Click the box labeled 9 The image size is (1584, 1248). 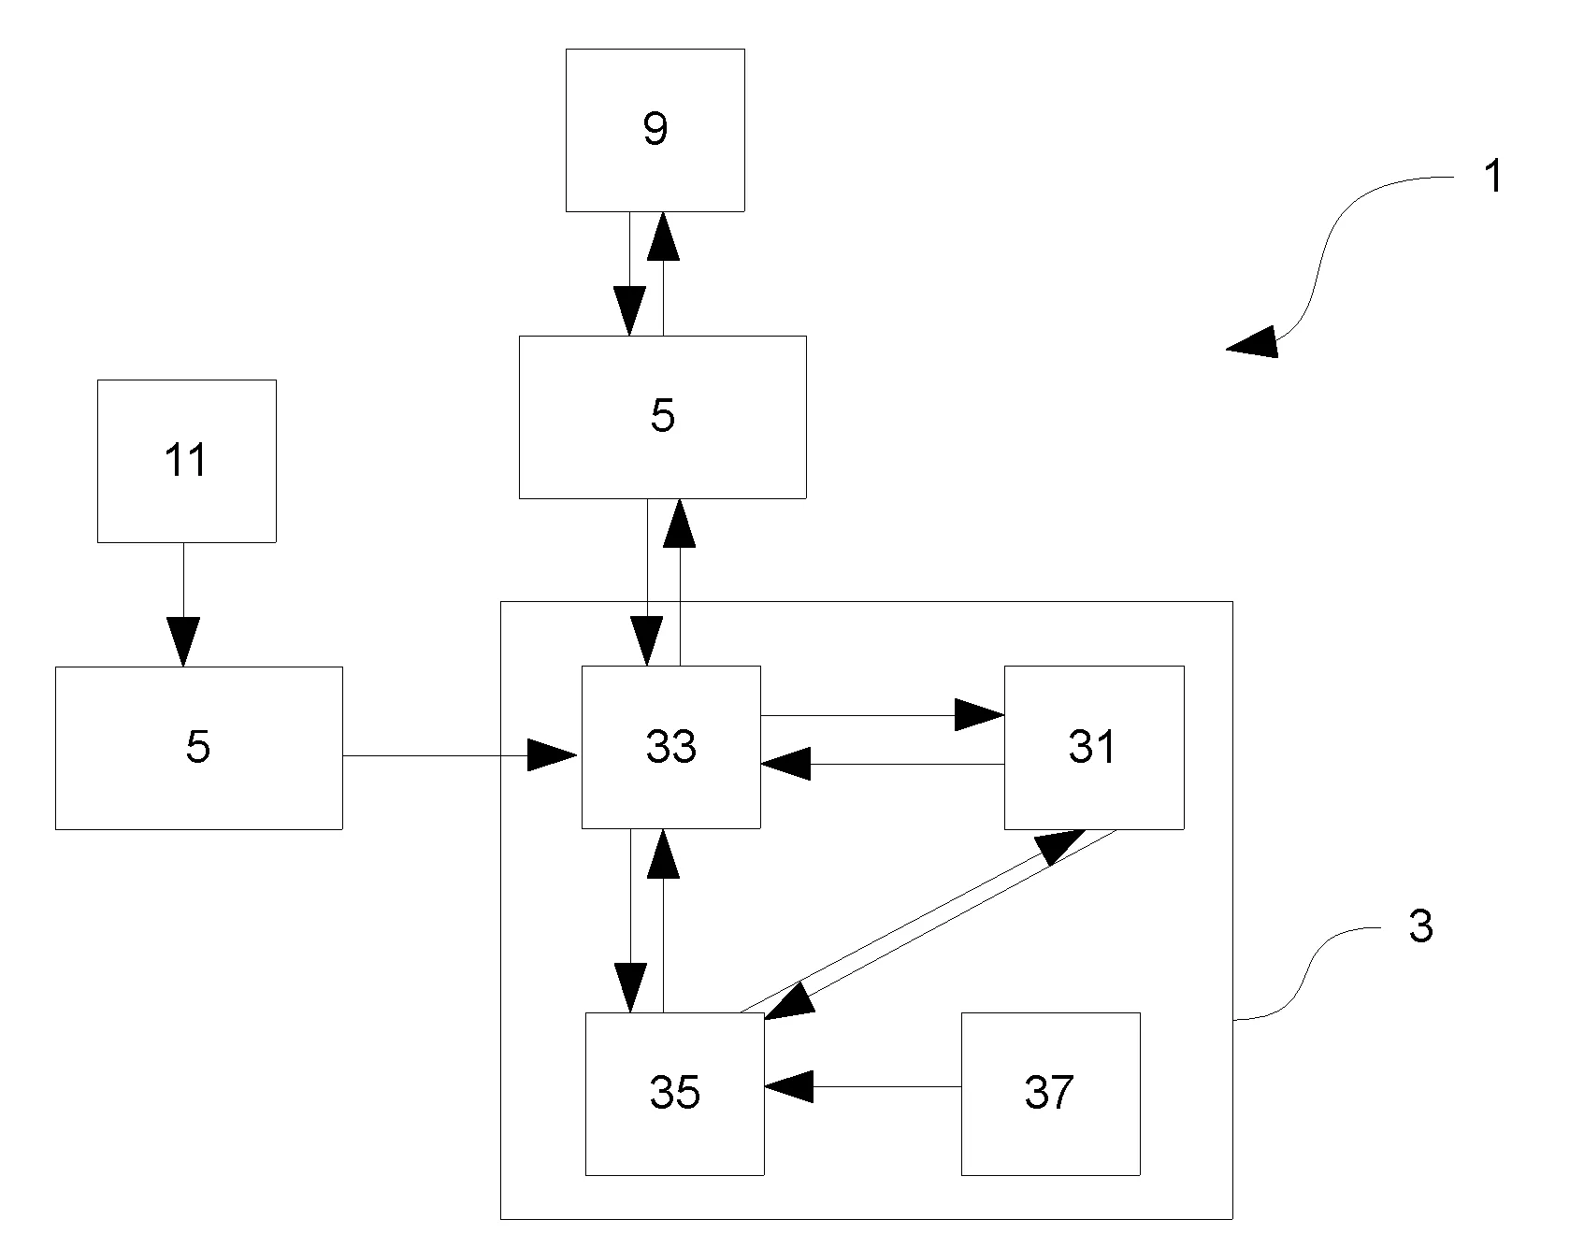(x=655, y=130)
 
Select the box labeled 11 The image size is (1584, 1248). (x=186, y=461)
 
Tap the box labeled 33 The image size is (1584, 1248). (x=670, y=747)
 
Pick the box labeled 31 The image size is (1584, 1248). (x=1094, y=747)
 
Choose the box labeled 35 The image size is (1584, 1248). (x=674, y=1093)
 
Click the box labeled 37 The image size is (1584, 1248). (x=1050, y=1093)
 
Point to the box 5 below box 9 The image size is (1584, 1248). (x=662, y=417)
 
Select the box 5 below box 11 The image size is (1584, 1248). (x=198, y=747)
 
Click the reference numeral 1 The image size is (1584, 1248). (x=1493, y=177)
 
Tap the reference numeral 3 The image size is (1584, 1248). (x=1420, y=926)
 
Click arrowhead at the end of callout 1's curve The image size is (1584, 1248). (x=1253, y=344)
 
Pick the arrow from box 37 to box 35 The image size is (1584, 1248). (x=860, y=1086)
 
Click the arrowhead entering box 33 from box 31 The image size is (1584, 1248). (x=785, y=764)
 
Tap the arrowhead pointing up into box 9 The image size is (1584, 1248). (x=663, y=236)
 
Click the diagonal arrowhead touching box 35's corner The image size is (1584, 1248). (x=787, y=1002)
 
